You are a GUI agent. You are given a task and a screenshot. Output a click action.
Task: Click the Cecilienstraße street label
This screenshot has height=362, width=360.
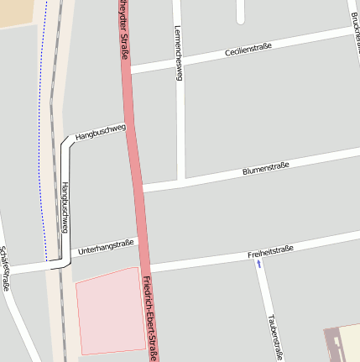click(248, 51)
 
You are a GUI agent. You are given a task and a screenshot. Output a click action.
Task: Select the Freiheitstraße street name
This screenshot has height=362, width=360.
click(270, 250)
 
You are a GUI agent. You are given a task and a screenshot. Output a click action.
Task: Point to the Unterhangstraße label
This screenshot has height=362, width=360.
click(105, 247)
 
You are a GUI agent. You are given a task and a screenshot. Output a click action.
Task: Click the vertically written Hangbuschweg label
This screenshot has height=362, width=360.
click(65, 207)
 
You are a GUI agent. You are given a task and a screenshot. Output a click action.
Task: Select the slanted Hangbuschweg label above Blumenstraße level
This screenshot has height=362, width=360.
click(100, 131)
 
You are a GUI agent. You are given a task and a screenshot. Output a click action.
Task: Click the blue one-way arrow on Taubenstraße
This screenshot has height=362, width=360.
click(258, 264)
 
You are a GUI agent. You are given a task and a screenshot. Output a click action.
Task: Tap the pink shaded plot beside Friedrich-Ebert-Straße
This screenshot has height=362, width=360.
click(109, 311)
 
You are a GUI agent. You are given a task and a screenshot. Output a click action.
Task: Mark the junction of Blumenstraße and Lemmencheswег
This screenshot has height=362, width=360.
click(181, 181)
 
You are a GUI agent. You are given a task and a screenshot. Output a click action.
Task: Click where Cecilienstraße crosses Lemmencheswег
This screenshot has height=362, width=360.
click(179, 62)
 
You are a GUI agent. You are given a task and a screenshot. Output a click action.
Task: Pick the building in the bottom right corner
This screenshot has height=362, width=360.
click(342, 344)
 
